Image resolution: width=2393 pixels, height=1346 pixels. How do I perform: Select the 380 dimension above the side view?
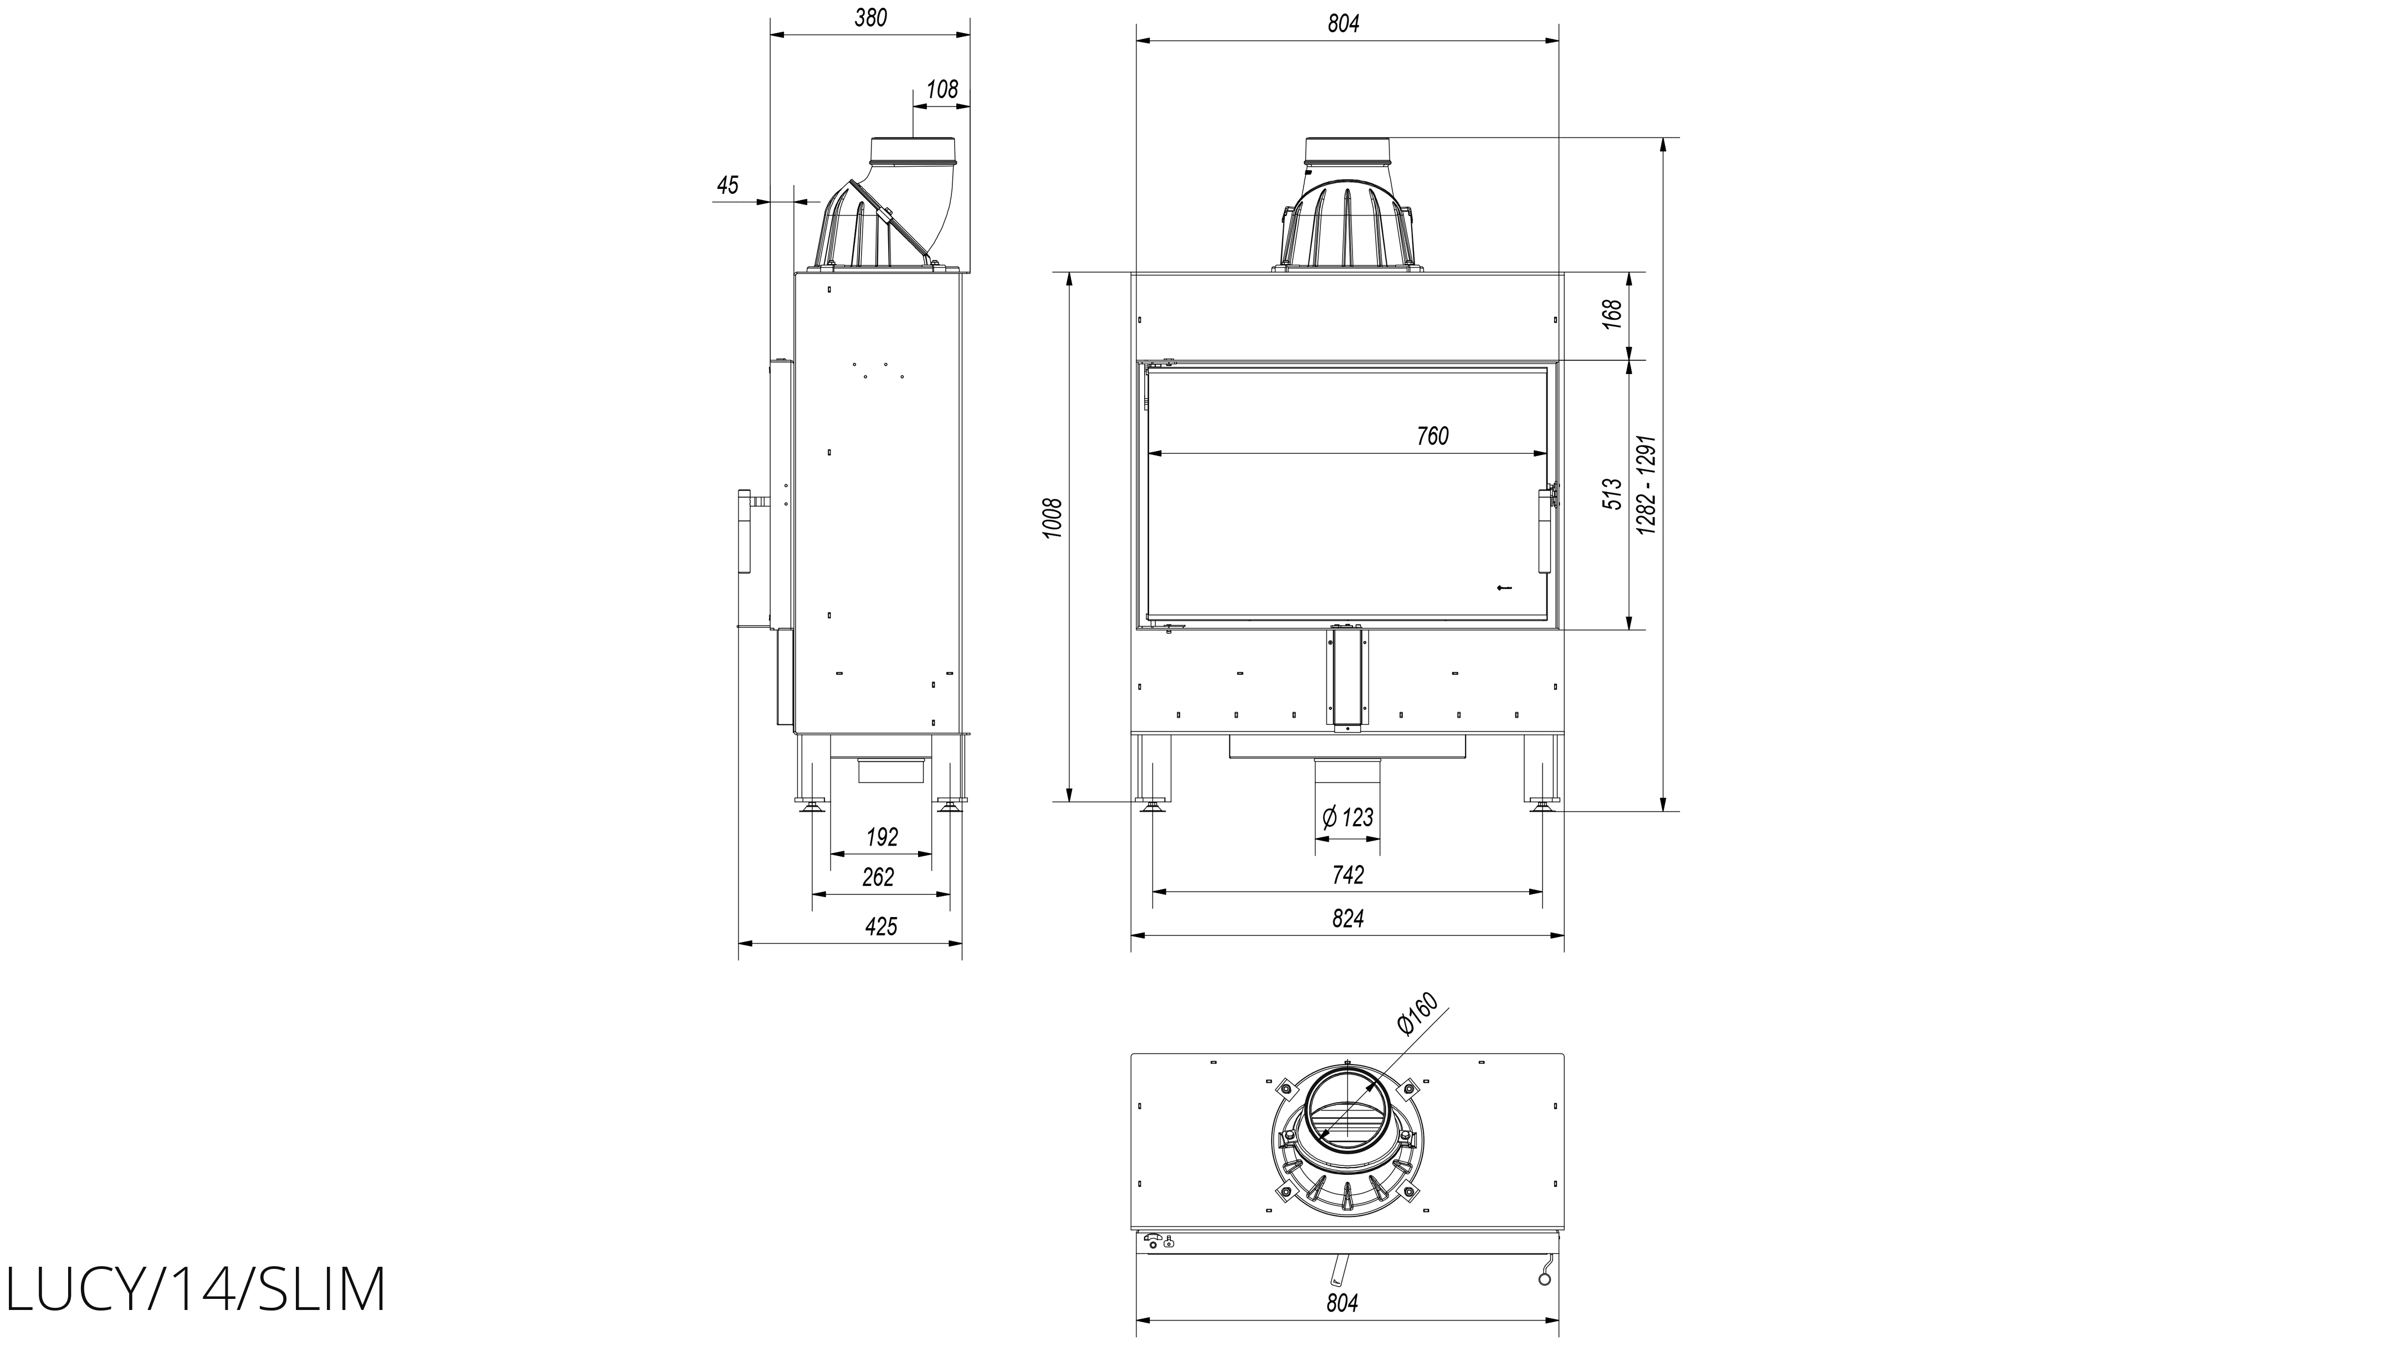[870, 18]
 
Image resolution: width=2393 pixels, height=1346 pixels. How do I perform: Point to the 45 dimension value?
[727, 185]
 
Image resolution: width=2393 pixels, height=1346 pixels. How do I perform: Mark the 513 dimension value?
[1613, 493]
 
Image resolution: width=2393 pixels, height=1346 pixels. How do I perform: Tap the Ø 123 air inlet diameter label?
[1347, 817]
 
